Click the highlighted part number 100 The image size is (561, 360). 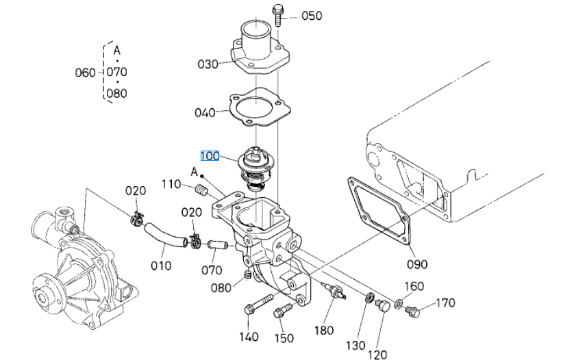[210, 156]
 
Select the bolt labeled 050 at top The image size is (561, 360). [278, 14]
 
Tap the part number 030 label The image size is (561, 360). [208, 64]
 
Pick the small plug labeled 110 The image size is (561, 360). [202, 190]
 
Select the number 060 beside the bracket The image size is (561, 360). [85, 73]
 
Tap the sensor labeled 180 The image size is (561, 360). [334, 290]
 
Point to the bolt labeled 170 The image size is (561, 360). [412, 311]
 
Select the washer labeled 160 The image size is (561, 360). [398, 305]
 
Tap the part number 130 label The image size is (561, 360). [356, 346]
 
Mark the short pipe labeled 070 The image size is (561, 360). [218, 245]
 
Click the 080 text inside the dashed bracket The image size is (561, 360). [117, 94]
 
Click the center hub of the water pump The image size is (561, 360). [41, 296]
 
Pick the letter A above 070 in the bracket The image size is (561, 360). [116, 51]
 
